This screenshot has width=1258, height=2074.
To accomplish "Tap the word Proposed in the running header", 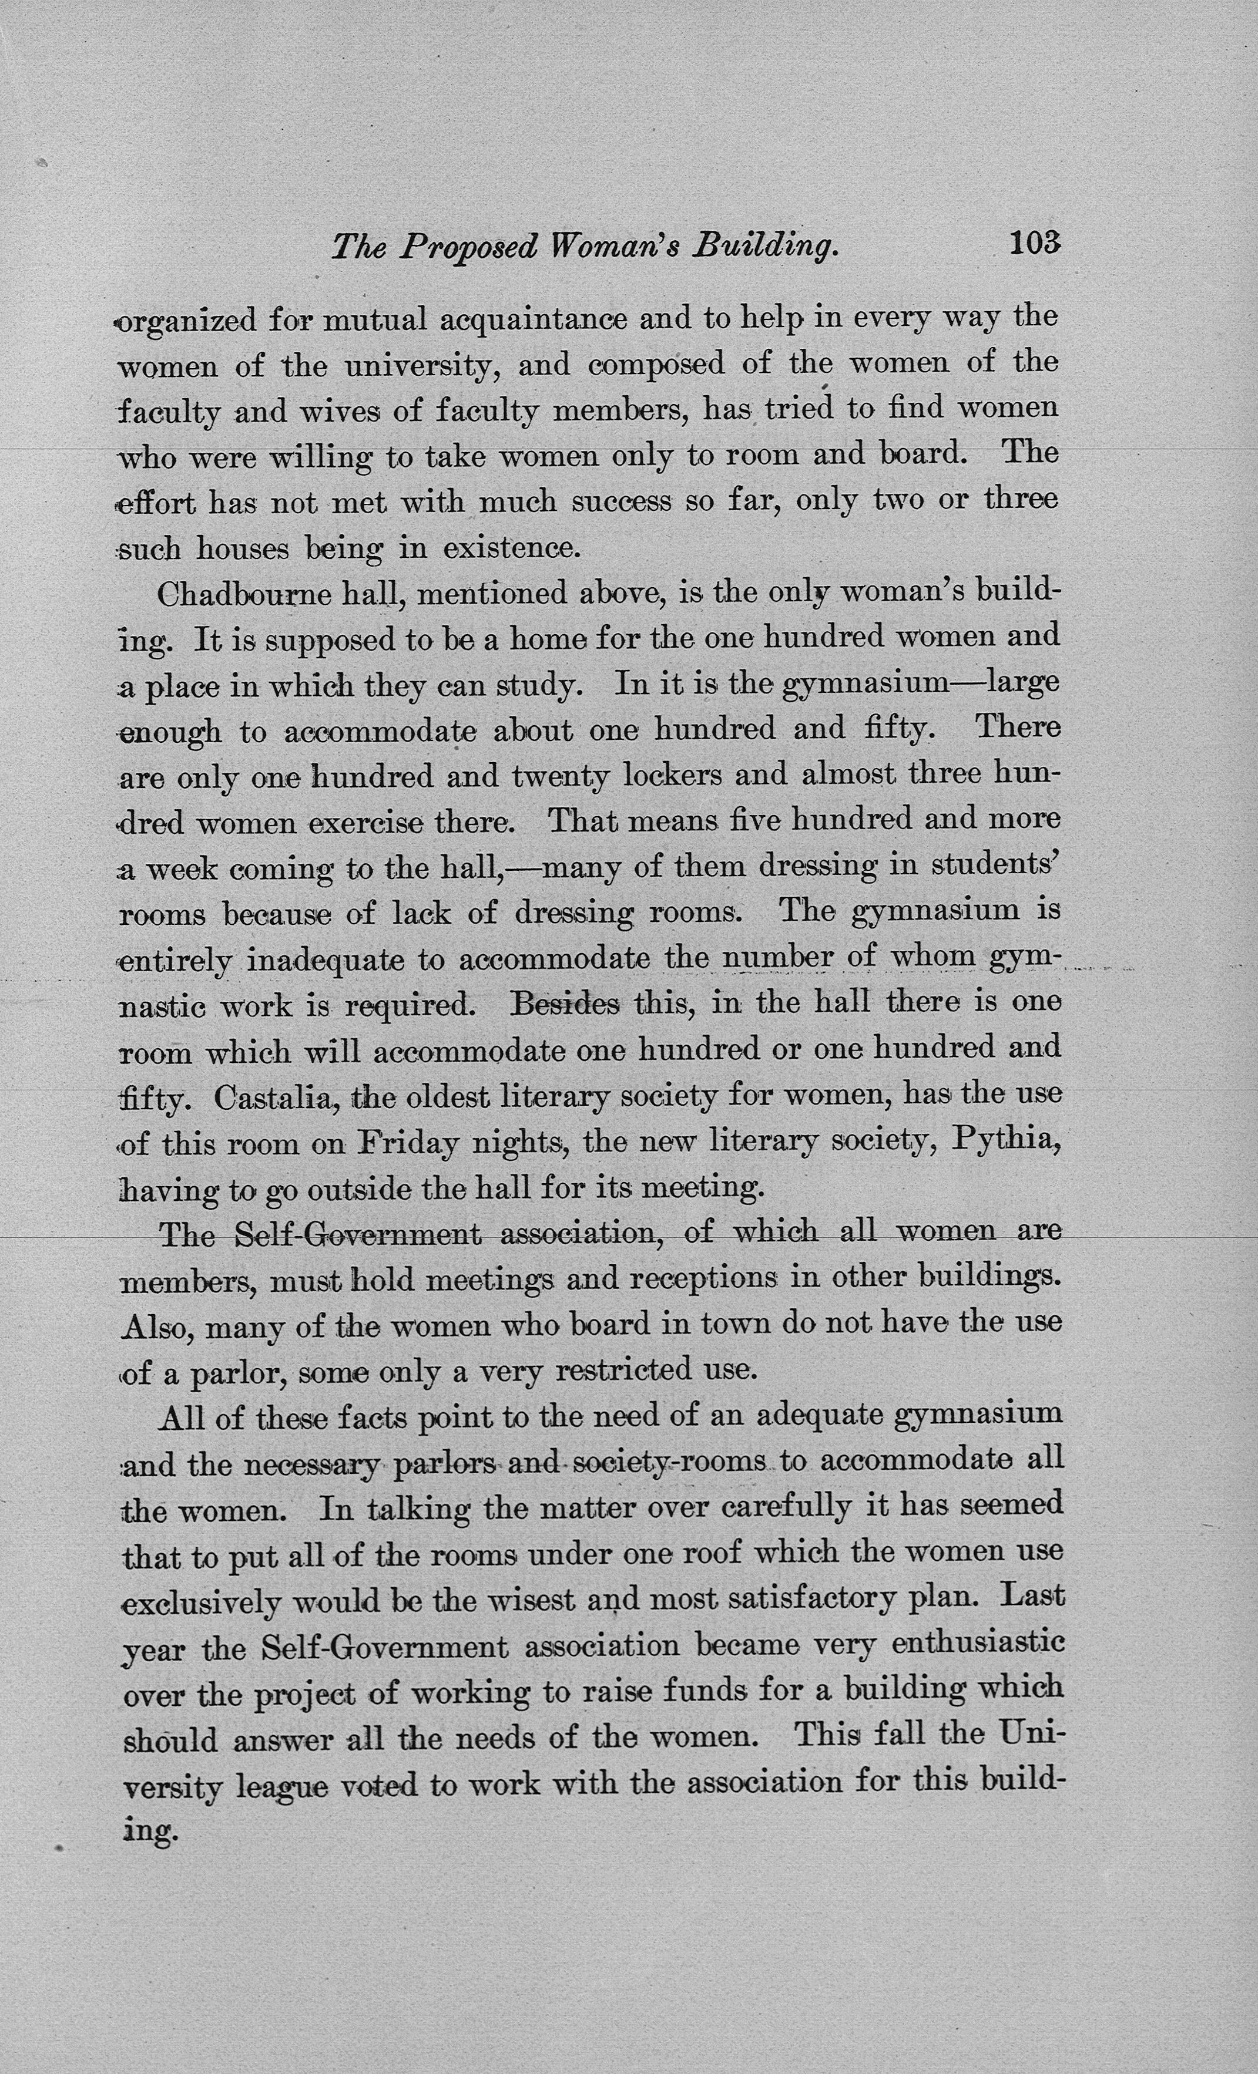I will [x=468, y=247].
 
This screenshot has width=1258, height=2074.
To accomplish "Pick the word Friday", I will [x=408, y=1143].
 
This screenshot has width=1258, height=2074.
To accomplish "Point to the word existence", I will [x=512, y=549].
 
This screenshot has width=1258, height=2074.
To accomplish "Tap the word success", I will [x=622, y=503].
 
